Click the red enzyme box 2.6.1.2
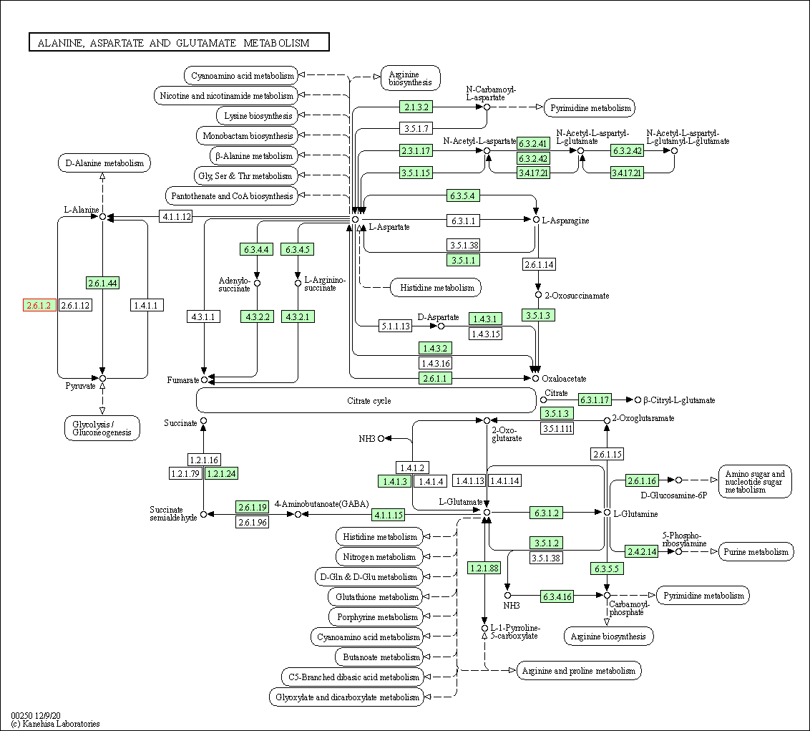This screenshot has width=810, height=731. [39, 306]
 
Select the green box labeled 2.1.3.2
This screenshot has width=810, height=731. [416, 107]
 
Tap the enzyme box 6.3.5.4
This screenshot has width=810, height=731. [462, 195]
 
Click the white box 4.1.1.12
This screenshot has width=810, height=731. [176, 216]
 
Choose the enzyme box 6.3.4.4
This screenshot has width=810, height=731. [256, 249]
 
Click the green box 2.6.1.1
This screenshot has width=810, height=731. [436, 378]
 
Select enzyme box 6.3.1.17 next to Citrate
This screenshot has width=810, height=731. [595, 400]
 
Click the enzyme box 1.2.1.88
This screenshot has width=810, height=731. [484, 568]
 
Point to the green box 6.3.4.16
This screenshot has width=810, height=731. [557, 596]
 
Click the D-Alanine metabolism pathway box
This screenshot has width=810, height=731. [104, 163]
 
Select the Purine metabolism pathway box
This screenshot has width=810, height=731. [756, 551]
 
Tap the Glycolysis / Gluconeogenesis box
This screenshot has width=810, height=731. [102, 427]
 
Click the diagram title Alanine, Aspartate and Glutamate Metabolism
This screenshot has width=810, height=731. [179, 43]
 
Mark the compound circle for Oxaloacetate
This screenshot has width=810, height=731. [535, 378]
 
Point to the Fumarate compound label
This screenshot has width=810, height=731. [182, 380]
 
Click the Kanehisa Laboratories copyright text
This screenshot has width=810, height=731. [55, 724]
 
